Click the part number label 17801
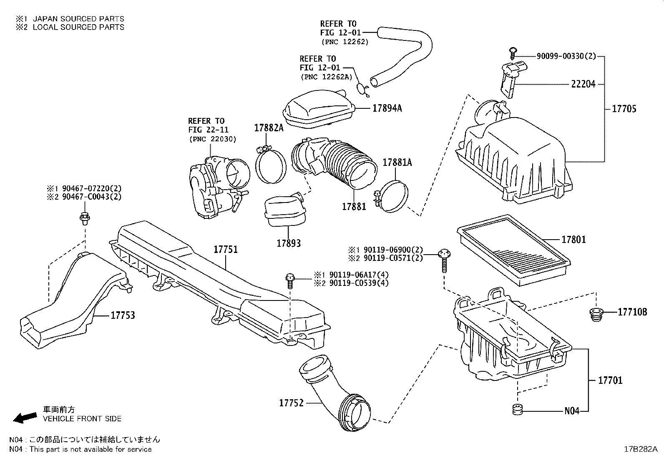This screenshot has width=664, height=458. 573,240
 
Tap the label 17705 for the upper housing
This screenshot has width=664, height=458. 624,109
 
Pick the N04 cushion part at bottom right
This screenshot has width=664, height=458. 517,410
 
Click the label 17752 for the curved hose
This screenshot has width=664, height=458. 291,403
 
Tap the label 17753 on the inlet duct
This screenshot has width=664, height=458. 123,315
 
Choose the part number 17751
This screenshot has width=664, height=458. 226,250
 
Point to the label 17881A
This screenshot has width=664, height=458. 397,163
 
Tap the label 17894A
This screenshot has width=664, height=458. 387,108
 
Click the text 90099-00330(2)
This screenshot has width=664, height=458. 560,56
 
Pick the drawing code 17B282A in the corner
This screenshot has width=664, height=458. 641,449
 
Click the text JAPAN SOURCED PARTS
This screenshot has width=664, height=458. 78,19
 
